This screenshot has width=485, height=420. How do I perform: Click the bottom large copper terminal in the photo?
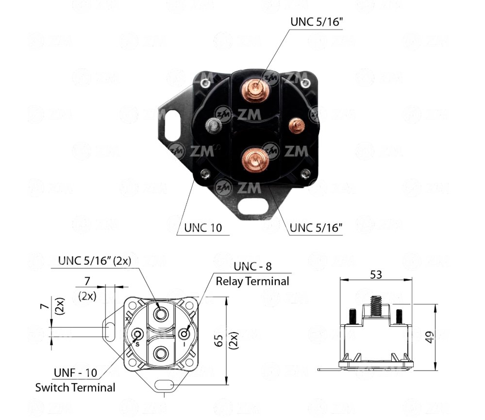[255, 161]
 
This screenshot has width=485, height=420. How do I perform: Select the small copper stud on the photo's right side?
[297, 125]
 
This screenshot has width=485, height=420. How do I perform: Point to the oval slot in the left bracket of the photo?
[173, 125]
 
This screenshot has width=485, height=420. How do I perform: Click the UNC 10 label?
[203, 228]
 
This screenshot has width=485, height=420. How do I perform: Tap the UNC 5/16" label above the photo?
[317, 22]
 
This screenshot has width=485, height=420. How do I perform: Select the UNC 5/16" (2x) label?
[95, 261]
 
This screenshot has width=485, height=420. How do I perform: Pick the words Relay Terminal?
[252, 281]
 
